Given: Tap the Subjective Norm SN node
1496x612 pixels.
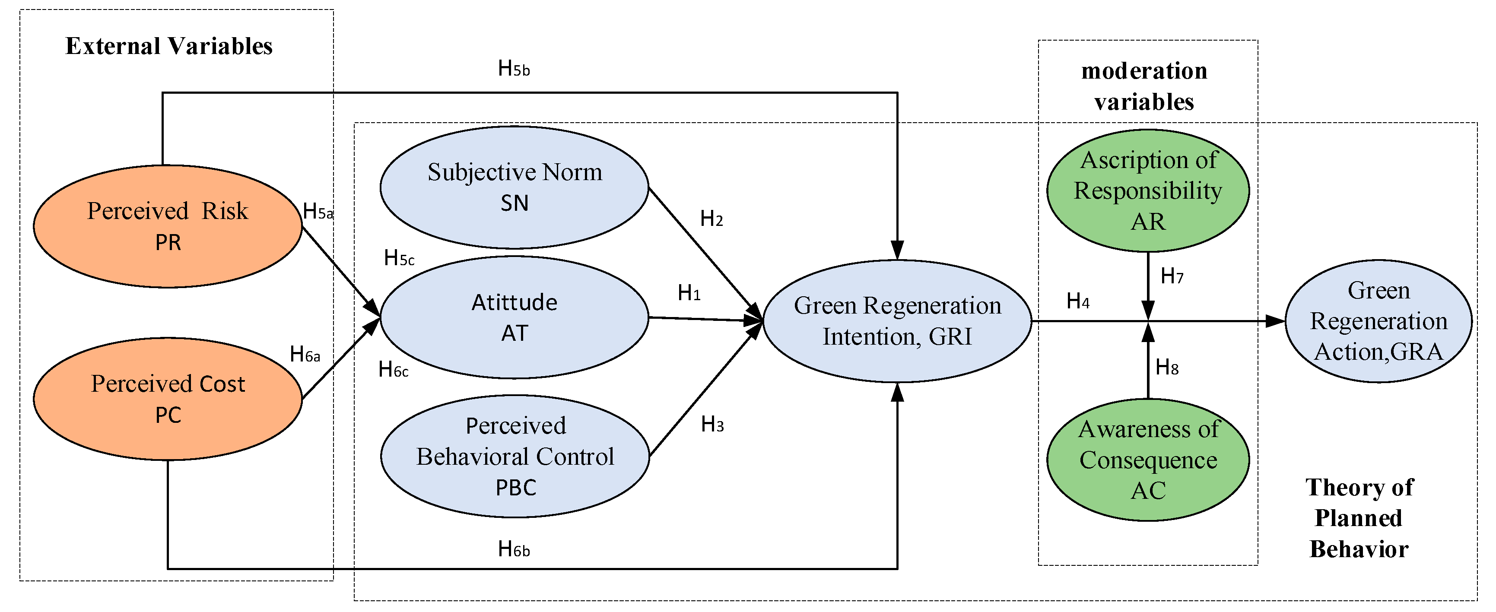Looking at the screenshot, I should pos(515,187).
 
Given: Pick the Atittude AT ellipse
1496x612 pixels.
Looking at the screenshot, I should pos(515,317).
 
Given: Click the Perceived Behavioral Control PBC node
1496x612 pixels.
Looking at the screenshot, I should pos(515,457).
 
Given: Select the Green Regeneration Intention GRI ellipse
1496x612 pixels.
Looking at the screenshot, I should pos(897,320).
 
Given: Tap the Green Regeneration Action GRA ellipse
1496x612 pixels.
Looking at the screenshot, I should pos(1378,320).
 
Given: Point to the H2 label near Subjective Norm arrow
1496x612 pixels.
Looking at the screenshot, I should pos(711,219).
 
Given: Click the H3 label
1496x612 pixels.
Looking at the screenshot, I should pos(712,425).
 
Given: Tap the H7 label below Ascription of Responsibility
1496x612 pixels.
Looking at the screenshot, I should pos(1172,276).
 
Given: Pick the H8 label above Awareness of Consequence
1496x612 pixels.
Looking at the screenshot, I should pos(1167,368).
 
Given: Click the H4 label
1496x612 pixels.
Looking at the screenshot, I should pos(1078,301).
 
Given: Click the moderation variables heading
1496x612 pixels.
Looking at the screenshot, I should pos(1144,86).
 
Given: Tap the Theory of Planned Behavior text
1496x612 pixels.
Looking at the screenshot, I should pos(1359,518).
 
